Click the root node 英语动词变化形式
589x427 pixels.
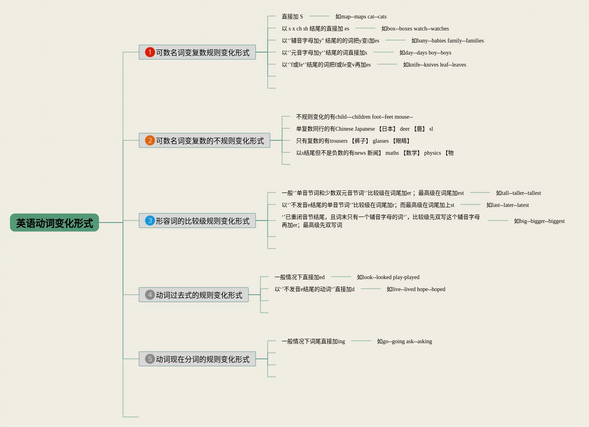54,223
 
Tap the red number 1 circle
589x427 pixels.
150,52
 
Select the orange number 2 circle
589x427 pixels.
150,140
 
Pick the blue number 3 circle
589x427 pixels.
150,221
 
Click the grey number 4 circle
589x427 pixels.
150,295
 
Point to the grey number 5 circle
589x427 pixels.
150,359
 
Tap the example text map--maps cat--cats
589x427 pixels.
361,16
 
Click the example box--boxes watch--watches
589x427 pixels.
415,28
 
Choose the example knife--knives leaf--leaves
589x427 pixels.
434,65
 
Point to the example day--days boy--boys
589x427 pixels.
425,53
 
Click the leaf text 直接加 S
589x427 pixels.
292,16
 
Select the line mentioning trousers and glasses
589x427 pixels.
353,141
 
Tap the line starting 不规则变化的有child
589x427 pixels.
354,117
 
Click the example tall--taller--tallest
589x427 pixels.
518,193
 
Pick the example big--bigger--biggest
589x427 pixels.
539,221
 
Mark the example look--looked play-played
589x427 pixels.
388,277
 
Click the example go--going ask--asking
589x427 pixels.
404,341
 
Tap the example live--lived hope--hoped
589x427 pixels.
416,289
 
